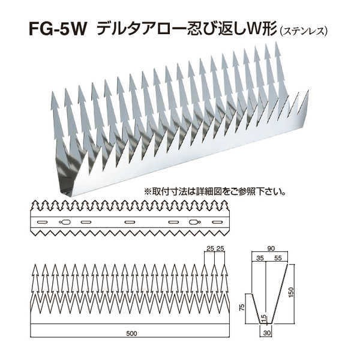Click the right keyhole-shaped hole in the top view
[x=193, y=223]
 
